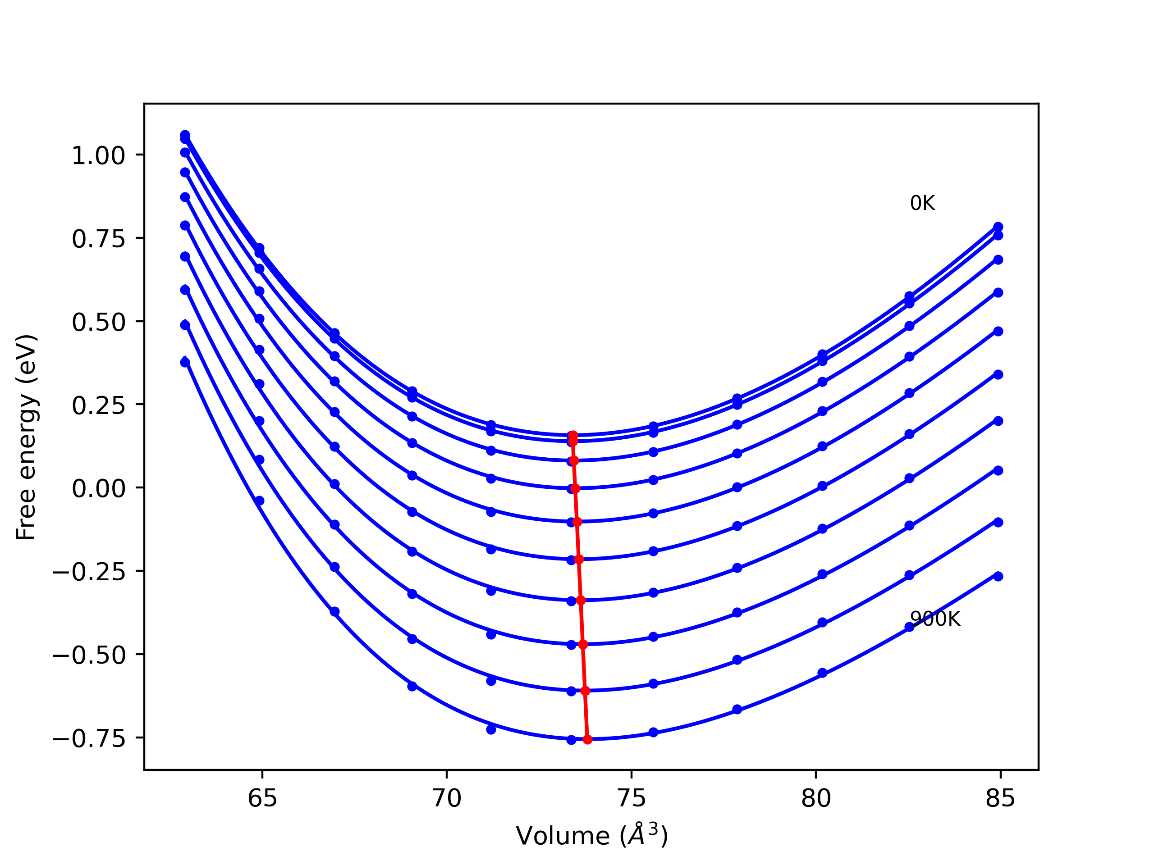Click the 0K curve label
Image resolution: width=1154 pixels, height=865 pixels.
pos(922,203)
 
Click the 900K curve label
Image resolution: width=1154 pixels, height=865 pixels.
pos(935,619)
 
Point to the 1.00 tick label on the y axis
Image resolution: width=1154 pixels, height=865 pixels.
pos(99,156)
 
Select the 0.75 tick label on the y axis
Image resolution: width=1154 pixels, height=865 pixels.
pos(99,239)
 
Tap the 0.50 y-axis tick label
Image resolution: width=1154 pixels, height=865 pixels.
pos(99,322)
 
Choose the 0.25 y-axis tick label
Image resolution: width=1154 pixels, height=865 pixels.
pos(99,405)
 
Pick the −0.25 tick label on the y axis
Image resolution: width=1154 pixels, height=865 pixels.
pos(89,572)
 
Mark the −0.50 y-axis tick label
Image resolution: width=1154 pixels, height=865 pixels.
pos(89,656)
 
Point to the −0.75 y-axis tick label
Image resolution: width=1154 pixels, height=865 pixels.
pos(89,738)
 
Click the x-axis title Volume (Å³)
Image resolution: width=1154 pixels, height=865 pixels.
pos(591,836)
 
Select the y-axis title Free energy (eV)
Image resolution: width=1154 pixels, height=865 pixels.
pos(26,437)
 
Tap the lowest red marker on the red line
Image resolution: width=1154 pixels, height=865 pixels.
pos(587,739)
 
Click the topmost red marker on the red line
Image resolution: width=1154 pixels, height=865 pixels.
pos(573,435)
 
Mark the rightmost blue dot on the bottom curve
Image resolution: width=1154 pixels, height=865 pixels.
pos(998,576)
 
